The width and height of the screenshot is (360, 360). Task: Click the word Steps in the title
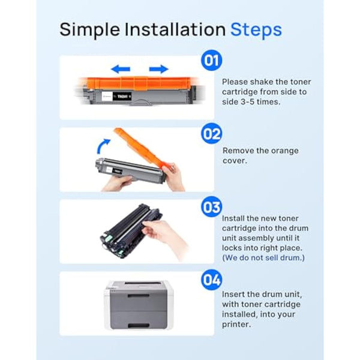point(256,29)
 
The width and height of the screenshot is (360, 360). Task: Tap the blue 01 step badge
point(211,61)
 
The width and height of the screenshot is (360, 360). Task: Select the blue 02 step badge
point(211,133)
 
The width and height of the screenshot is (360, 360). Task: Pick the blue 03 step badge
point(211,207)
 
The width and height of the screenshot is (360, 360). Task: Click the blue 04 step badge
point(211,280)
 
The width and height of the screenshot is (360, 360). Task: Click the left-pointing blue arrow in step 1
point(121,69)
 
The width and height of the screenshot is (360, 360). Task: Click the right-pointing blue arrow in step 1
point(158,69)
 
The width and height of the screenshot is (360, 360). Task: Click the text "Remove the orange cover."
point(260,156)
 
